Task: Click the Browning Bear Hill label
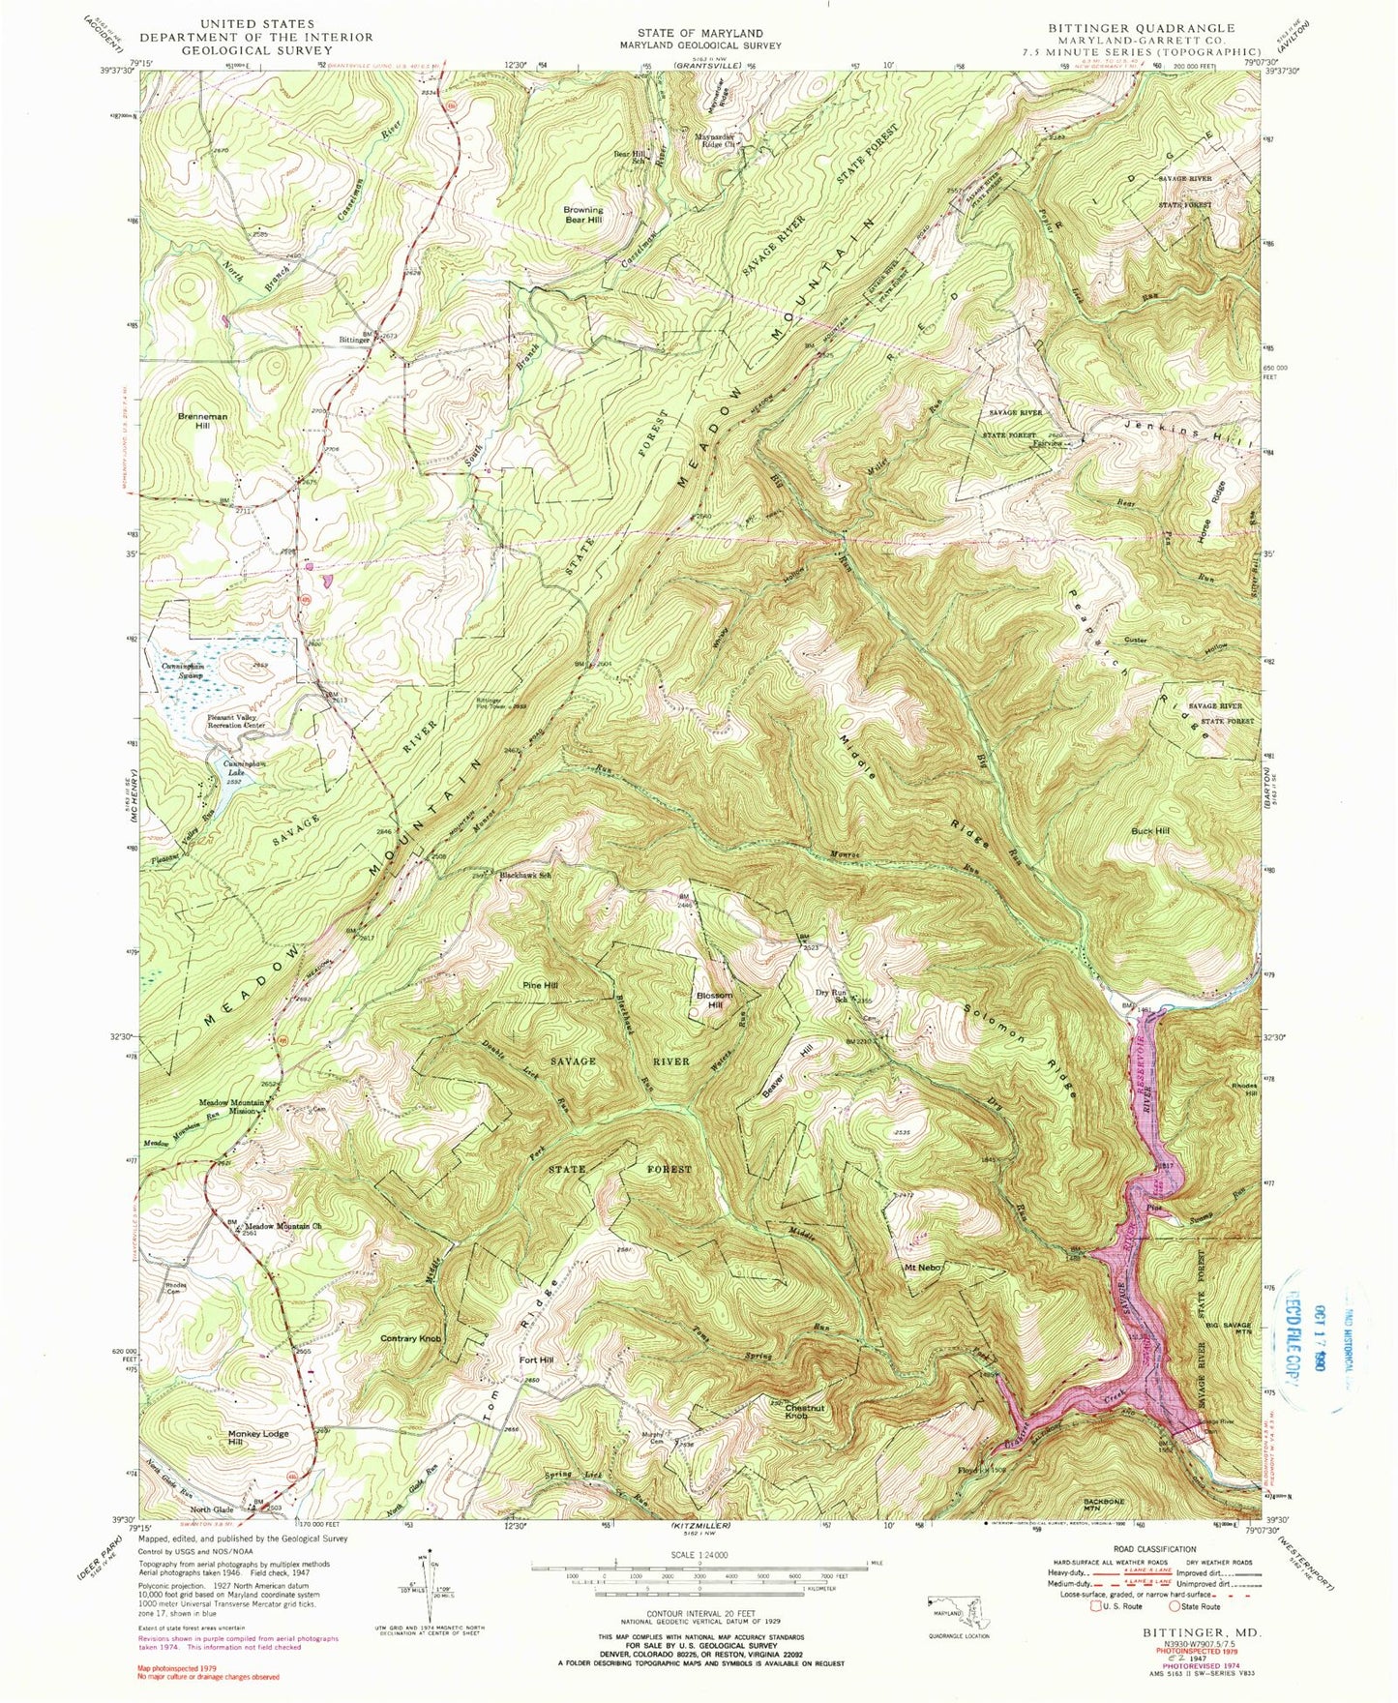582,215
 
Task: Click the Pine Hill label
541,985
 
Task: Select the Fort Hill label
536,1359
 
